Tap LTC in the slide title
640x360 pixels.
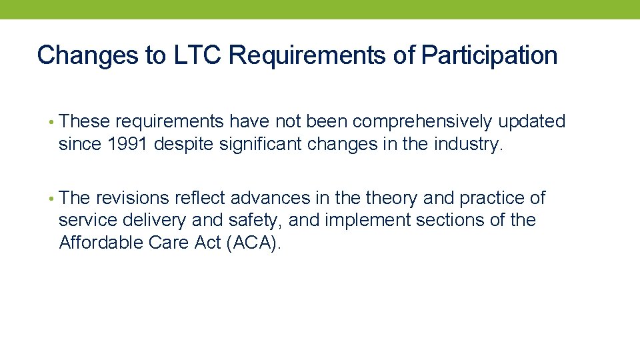198,55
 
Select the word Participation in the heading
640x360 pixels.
489,55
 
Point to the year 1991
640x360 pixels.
126,145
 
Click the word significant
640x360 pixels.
260,145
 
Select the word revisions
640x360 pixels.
133,198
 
